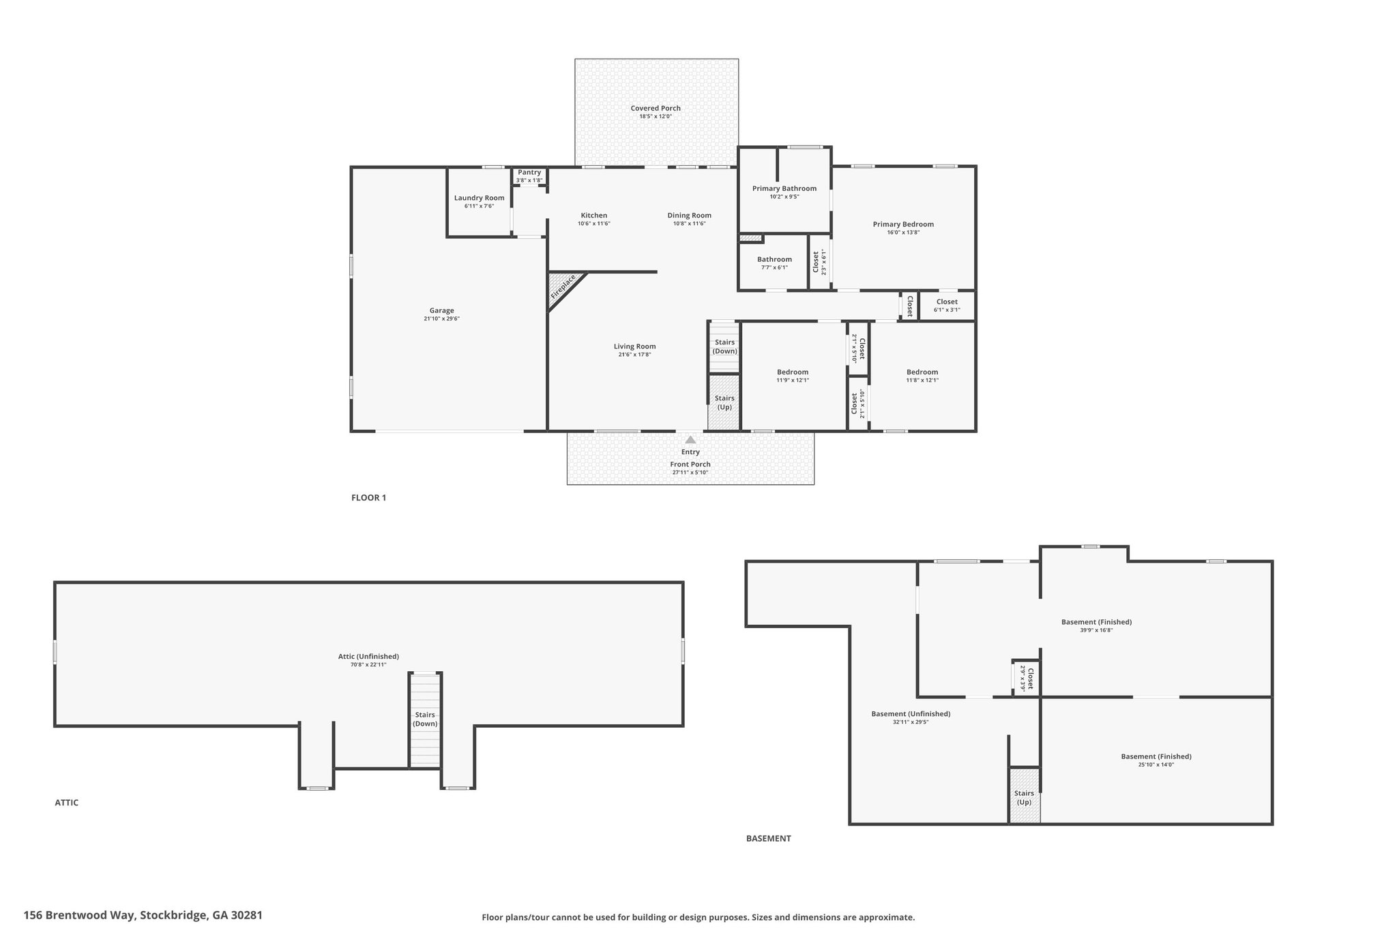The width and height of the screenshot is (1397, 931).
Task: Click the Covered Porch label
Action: coord(656,108)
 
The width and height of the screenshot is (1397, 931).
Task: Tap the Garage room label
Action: coord(442,311)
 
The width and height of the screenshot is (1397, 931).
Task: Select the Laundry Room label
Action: coord(480,198)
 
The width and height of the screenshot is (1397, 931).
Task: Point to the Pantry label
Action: coord(529,173)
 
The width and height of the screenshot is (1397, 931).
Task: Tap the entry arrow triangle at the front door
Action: coord(690,440)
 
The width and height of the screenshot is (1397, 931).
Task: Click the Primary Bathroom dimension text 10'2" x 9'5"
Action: coord(784,197)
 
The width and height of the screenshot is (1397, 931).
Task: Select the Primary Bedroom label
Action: coord(903,224)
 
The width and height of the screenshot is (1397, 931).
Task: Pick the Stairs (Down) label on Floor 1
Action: coord(724,346)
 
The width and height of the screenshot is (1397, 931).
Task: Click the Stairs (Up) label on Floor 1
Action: coord(724,402)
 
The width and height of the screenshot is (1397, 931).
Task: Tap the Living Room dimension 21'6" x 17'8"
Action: coord(634,355)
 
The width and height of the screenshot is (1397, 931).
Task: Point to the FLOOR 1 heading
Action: coord(368,498)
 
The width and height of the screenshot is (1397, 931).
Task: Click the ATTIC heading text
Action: coord(67,803)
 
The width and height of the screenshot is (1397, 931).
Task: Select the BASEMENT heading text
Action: coord(769,838)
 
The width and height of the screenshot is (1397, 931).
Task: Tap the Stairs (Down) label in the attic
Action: coord(425,720)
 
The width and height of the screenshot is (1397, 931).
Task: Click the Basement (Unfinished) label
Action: coord(911,714)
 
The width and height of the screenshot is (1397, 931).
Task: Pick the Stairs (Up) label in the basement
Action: coord(1024,798)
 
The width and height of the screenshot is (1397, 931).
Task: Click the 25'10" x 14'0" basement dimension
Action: coord(1156,765)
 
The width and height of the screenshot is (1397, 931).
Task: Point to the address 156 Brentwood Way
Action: coord(81,915)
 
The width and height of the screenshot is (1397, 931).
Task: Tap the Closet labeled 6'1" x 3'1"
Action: coord(947,302)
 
